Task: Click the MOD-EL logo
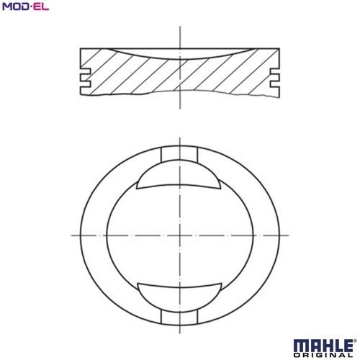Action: pyautogui.click(x=25, y=6)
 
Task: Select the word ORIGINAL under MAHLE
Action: pyautogui.click(x=323, y=355)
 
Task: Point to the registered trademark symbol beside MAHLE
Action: pyautogui.click(x=355, y=341)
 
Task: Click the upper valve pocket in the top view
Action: pyautogui.click(x=179, y=175)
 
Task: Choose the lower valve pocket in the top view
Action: pyautogui.click(x=179, y=297)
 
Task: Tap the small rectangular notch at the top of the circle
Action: pyautogui.click(x=179, y=154)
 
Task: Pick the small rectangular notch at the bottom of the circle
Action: pyautogui.click(x=179, y=318)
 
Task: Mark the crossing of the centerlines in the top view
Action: pyautogui.click(x=180, y=235)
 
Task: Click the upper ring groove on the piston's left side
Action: pyautogui.click(x=86, y=71)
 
